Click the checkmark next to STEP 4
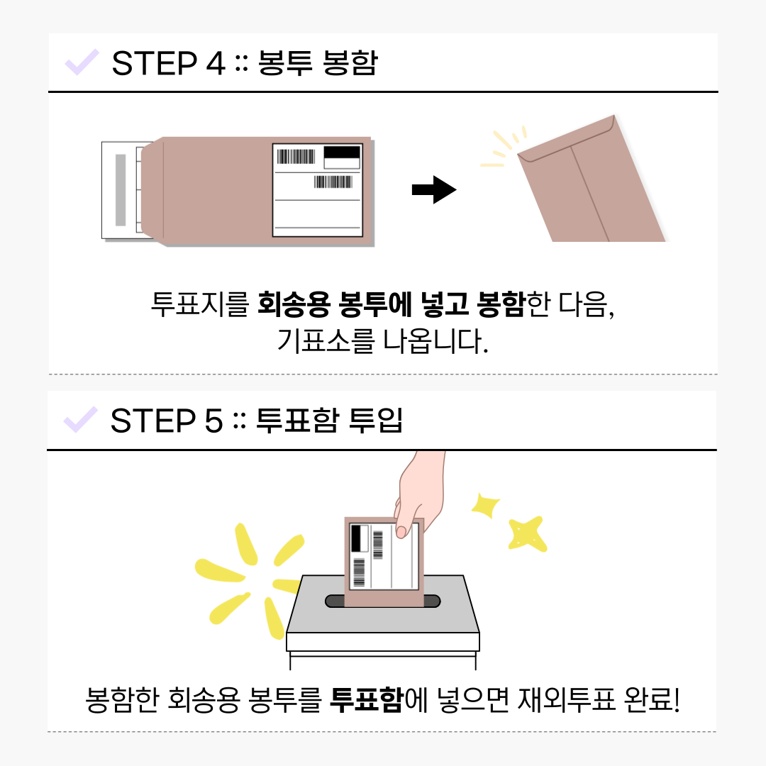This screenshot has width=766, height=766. tap(82, 62)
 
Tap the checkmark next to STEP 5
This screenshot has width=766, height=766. tap(81, 420)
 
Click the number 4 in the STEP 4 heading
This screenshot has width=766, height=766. tap(216, 63)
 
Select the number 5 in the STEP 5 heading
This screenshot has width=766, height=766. tap(213, 421)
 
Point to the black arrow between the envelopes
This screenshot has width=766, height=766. tap(434, 189)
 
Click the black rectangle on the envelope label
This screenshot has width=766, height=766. tap(342, 152)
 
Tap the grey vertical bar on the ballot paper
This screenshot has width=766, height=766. tap(120, 190)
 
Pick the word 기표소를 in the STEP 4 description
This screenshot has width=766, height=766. tap(326, 340)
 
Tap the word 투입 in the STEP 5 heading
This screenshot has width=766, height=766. tap(375, 420)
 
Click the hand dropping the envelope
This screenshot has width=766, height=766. tap(420, 494)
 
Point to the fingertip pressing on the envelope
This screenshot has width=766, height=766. tap(401, 531)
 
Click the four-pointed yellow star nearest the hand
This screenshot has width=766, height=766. tap(485, 505)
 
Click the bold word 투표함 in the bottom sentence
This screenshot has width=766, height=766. tap(367, 699)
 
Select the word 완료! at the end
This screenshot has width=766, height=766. tap(652, 699)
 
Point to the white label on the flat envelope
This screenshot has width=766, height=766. tap(318, 190)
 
